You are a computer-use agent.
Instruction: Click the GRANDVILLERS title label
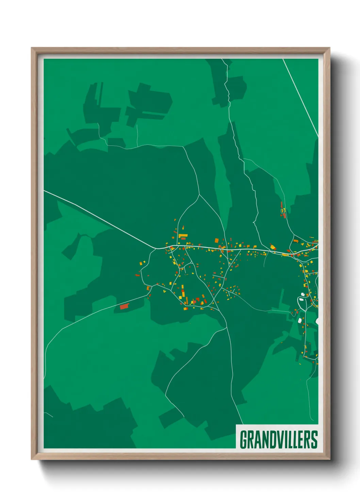(279, 440)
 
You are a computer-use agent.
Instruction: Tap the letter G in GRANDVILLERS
(244, 440)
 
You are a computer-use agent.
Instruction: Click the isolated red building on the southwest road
(125, 306)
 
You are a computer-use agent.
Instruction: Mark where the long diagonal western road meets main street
(156, 248)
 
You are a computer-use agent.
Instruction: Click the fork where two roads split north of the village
(199, 195)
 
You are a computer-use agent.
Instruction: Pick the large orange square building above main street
(216, 240)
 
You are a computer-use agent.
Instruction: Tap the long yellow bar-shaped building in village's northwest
(183, 235)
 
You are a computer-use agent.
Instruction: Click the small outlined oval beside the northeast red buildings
(283, 211)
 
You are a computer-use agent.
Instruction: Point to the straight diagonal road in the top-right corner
(301, 99)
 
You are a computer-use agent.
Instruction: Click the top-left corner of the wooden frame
(32, 48)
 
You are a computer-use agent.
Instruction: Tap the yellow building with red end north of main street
(273, 247)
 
